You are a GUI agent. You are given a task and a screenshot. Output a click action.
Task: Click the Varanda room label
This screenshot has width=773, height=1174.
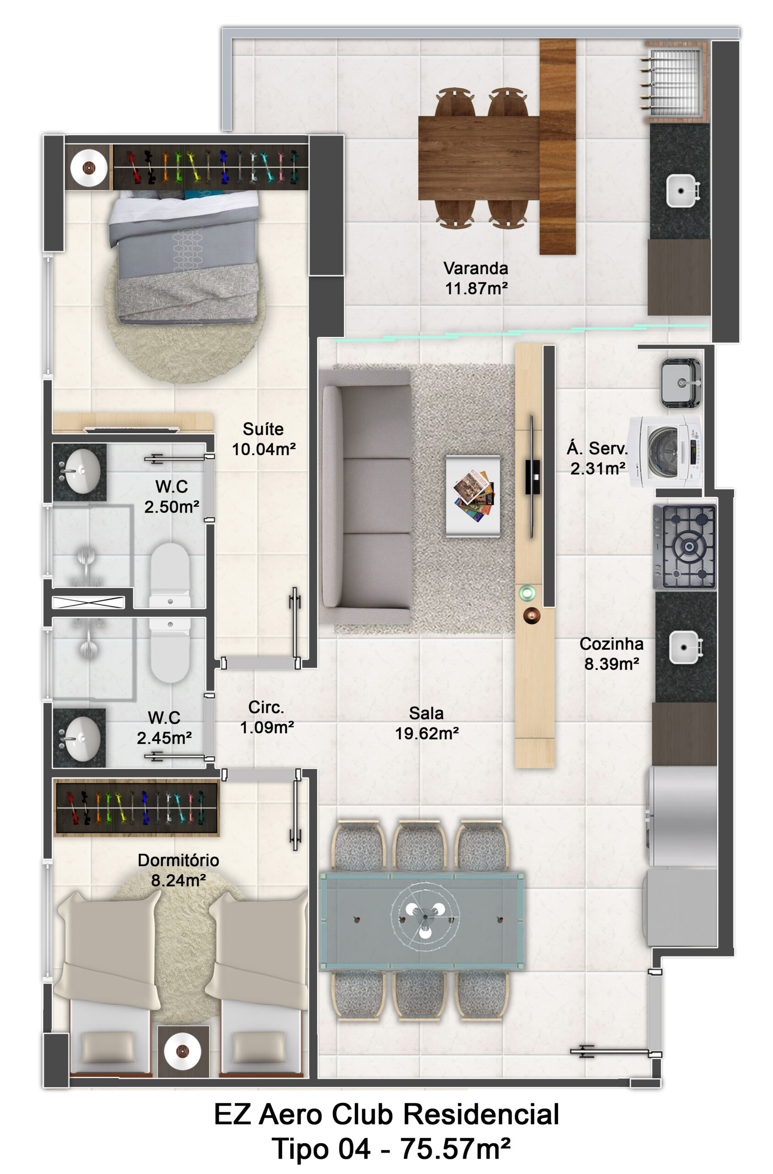tap(475, 268)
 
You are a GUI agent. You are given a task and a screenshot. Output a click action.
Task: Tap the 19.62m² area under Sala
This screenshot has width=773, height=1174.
tap(427, 733)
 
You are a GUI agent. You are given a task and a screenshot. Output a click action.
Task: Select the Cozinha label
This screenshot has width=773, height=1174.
tap(611, 644)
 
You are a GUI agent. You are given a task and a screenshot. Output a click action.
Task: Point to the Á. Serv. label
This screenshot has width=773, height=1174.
tap(597, 449)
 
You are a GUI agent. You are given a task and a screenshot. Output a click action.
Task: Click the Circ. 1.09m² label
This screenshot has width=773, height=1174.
tap(267, 717)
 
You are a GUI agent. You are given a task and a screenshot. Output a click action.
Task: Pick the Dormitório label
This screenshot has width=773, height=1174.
tap(178, 860)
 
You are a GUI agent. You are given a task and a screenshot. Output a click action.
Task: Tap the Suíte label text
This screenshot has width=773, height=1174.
tap(263, 429)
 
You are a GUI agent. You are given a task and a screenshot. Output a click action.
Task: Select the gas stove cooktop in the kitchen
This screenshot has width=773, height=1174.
tap(685, 547)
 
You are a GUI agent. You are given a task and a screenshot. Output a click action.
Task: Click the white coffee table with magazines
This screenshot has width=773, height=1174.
tap(473, 495)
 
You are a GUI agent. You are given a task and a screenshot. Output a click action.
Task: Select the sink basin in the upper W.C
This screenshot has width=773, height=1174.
tap(83, 471)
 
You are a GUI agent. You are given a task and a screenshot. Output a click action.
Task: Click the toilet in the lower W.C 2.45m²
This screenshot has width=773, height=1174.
tap(170, 650)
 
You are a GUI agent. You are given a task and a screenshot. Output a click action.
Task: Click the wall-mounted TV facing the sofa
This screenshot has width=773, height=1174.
tap(532, 476)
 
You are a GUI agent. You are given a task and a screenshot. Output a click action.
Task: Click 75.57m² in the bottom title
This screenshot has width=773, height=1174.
tap(455, 1149)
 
